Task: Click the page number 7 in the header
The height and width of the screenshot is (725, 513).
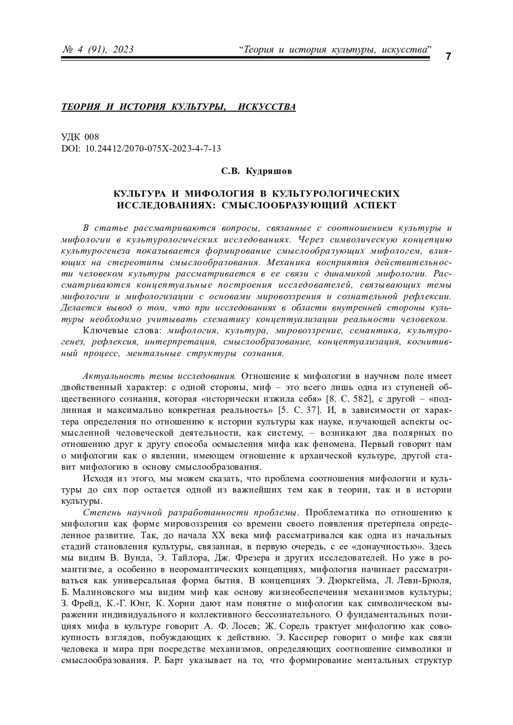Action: coord(448,56)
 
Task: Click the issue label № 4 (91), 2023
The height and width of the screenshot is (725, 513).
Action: coord(98,50)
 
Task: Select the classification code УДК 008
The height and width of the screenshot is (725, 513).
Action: coord(80,137)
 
